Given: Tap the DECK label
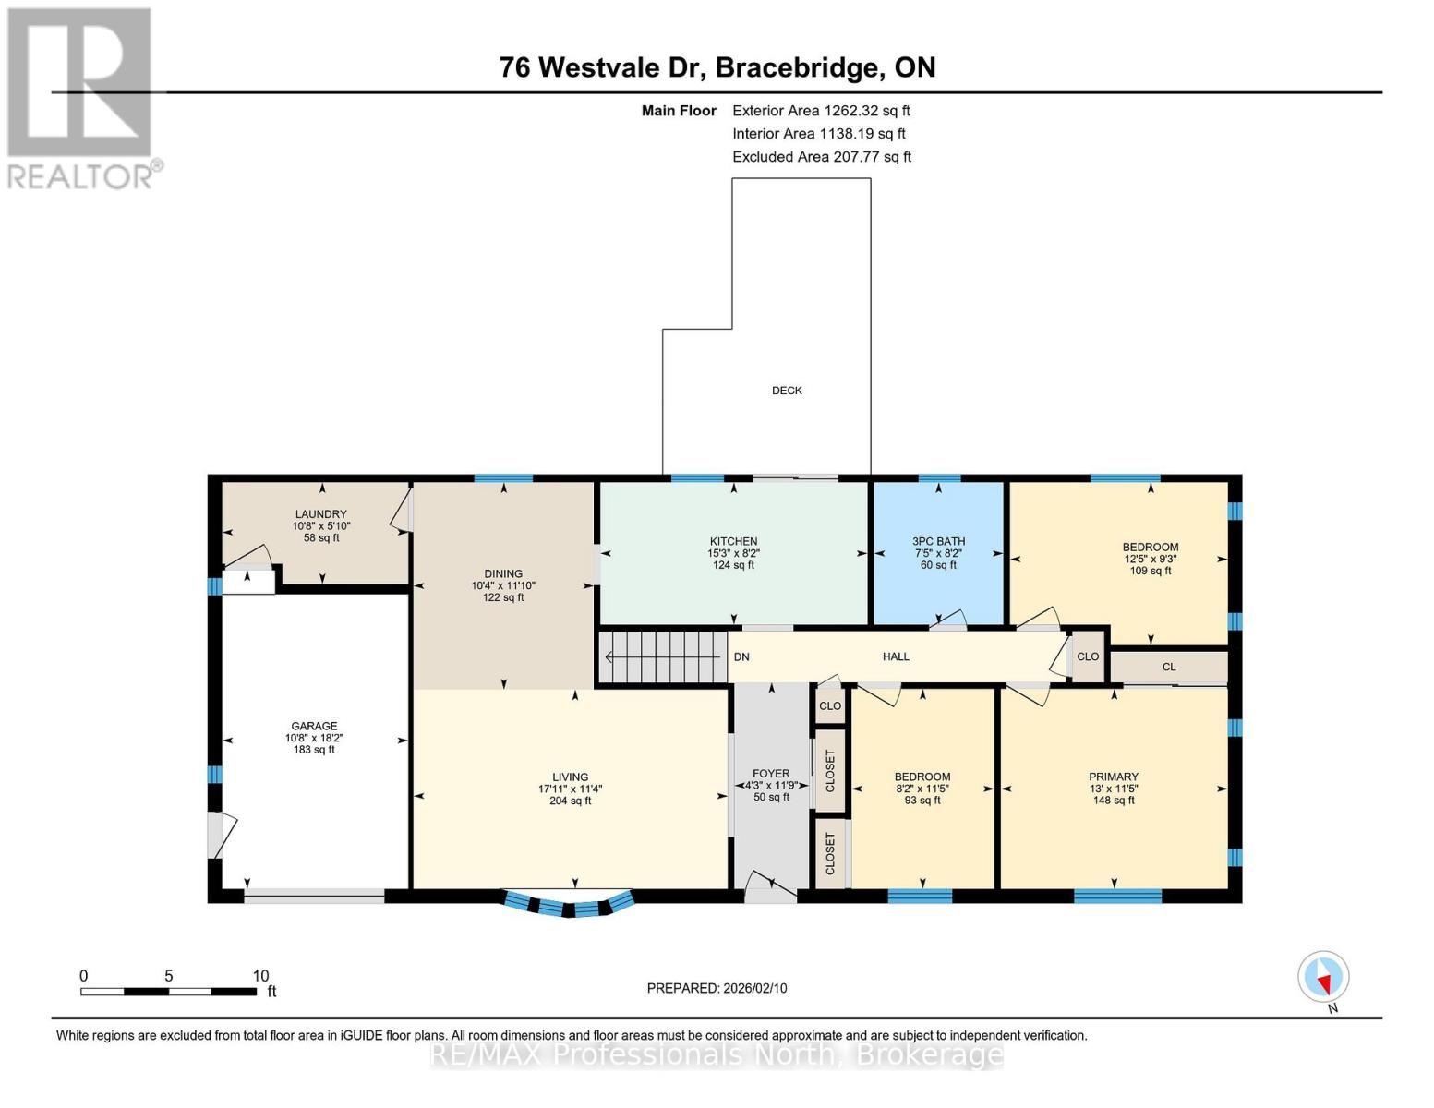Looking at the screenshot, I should pyautogui.click(x=787, y=391).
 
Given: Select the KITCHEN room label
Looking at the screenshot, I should pyautogui.click(x=733, y=542).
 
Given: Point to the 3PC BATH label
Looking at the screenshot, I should pyautogui.click(x=938, y=542).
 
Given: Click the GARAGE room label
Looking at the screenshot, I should pyautogui.click(x=314, y=727).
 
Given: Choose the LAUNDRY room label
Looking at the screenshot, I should pyautogui.click(x=320, y=514).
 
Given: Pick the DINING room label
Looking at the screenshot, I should pyautogui.click(x=503, y=574).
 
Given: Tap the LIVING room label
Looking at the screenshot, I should pyautogui.click(x=570, y=777).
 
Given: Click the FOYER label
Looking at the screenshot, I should pyautogui.click(x=771, y=774).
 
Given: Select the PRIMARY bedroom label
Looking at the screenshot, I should pyautogui.click(x=1113, y=777).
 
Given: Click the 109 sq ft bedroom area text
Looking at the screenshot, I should pyautogui.click(x=1151, y=571).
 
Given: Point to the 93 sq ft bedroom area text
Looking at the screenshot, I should pyautogui.click(x=922, y=801).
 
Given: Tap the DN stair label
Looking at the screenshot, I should pyautogui.click(x=741, y=657).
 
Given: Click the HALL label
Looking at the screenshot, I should pyautogui.click(x=896, y=656).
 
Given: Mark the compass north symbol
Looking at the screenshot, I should pyautogui.click(x=1323, y=977).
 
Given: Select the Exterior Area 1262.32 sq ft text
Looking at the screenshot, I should pyautogui.click(x=821, y=111).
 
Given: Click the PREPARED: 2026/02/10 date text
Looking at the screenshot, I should pyautogui.click(x=717, y=988).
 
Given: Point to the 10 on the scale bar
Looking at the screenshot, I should pyautogui.click(x=260, y=976).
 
